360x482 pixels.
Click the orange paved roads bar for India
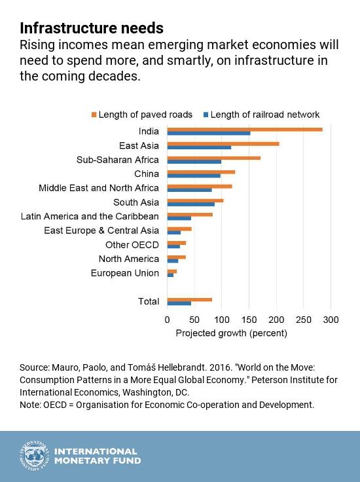pos(245,129)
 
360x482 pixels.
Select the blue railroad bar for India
pos(209,134)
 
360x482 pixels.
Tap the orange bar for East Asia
pos(223,143)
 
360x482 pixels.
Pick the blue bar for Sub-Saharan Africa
pos(194,162)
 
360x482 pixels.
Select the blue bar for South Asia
pos(191,204)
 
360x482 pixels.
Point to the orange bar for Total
pos(190,299)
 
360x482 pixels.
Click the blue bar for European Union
pos(170,275)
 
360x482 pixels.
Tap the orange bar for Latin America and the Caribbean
pos(190,214)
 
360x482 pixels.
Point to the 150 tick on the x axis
pos(249,320)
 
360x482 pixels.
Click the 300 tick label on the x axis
pos(331,320)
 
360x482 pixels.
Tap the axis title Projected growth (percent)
pos(231,333)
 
